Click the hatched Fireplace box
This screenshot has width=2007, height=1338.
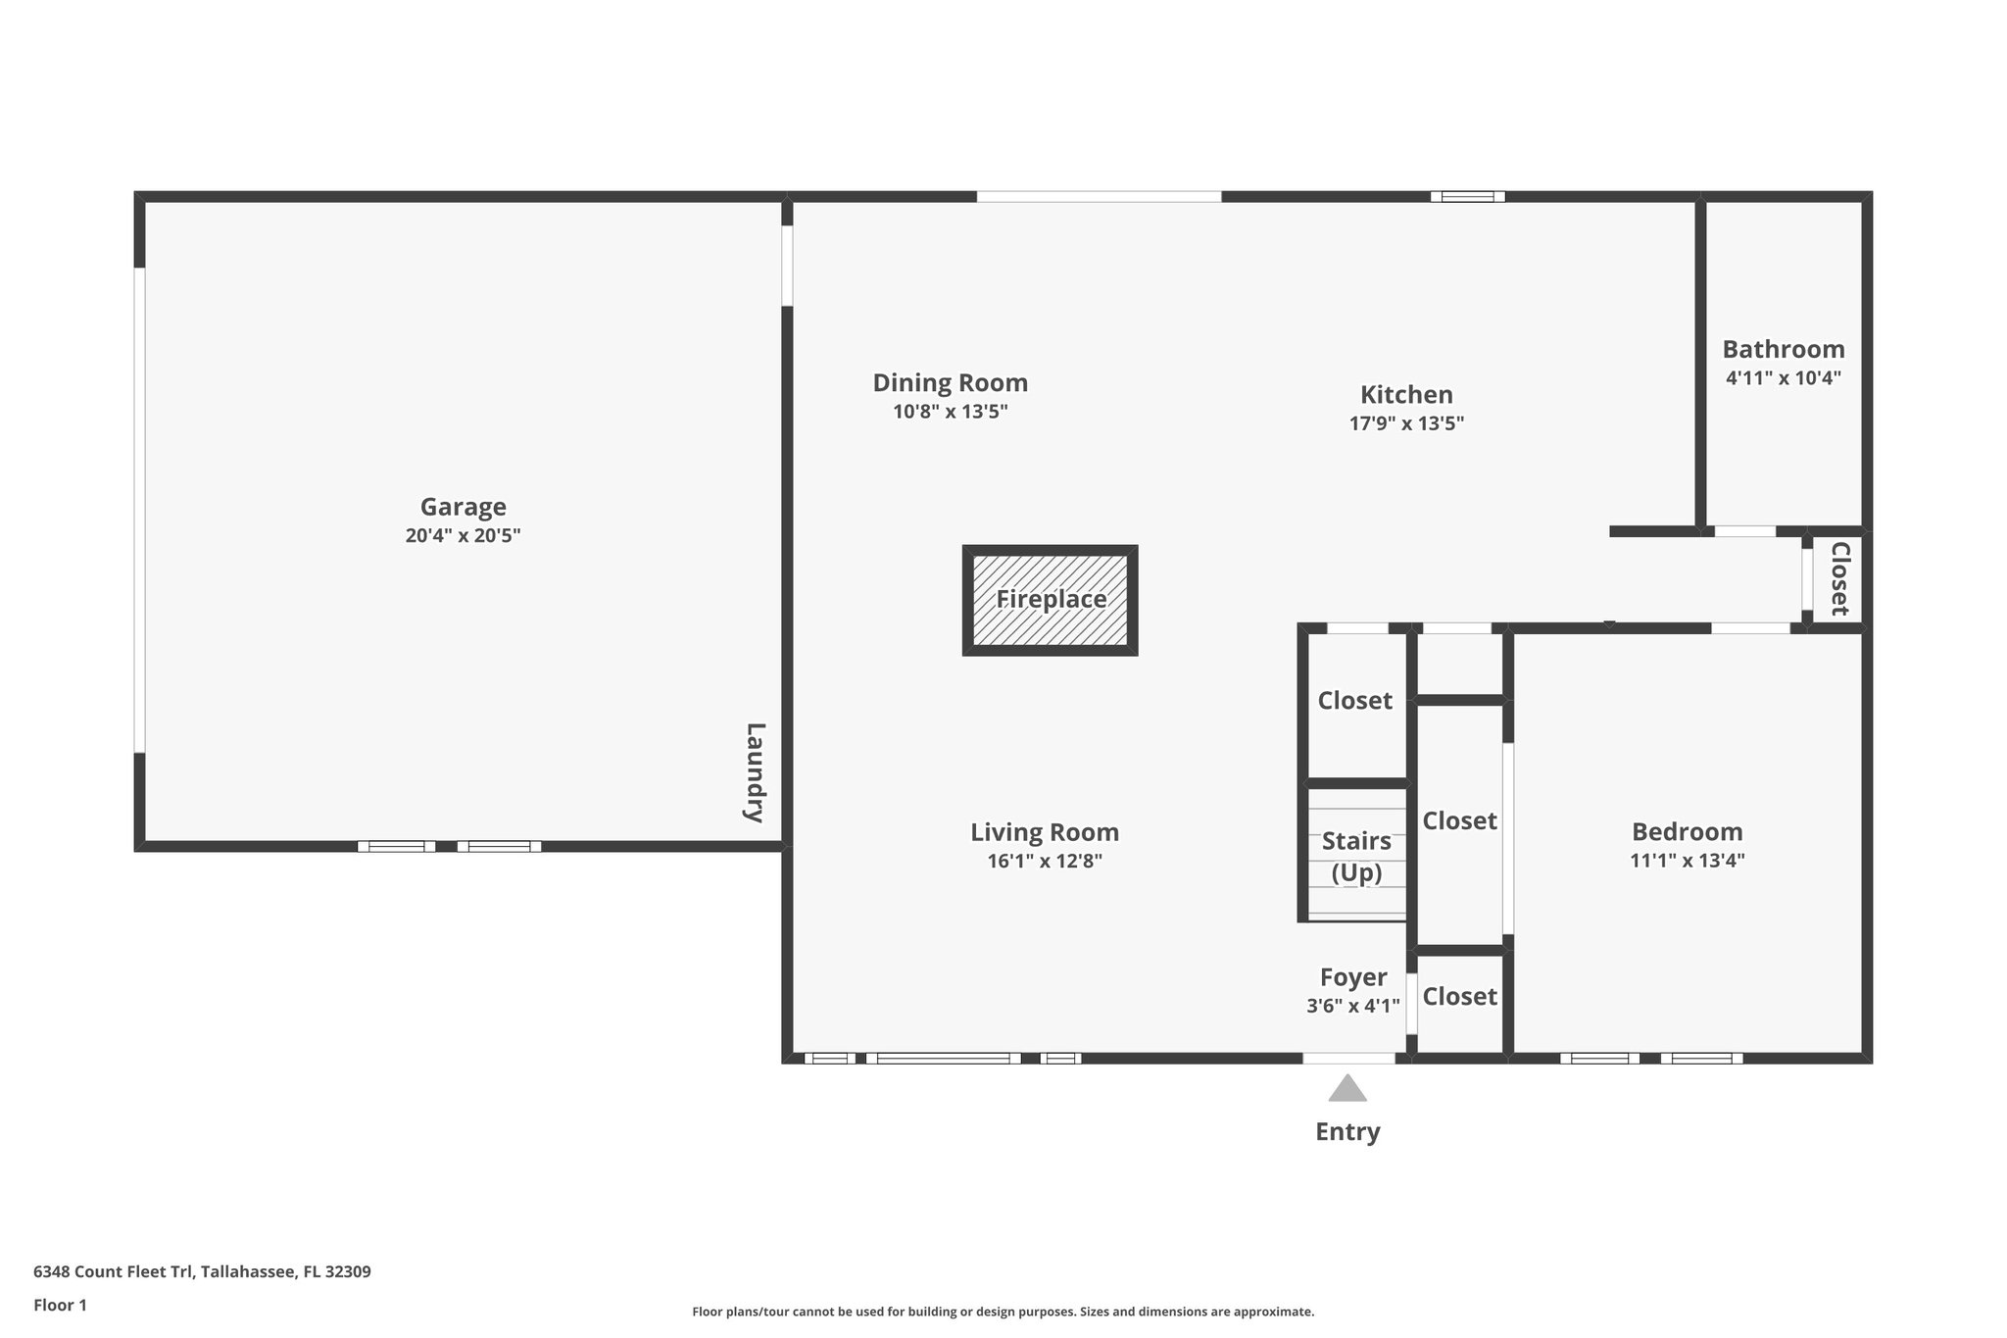tap(1050, 600)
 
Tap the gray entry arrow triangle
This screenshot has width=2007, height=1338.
tap(1347, 1089)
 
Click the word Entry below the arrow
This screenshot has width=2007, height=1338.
tap(1347, 1131)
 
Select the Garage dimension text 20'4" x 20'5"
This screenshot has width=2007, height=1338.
tap(463, 535)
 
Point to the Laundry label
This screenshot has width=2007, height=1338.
tap(755, 772)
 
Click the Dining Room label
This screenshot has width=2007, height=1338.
tap(950, 382)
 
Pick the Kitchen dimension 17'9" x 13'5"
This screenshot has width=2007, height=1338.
tap(1406, 423)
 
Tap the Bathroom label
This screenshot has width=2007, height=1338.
tap(1783, 349)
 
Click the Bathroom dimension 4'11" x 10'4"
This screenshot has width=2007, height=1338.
tap(1783, 377)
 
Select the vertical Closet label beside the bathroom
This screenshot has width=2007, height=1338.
tap(1838, 578)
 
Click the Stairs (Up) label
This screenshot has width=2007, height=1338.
tap(1356, 856)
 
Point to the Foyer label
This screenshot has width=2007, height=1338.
tap(1352, 977)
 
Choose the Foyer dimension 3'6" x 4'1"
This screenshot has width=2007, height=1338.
tap(1352, 1006)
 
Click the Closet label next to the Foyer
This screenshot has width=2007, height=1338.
tap(1459, 996)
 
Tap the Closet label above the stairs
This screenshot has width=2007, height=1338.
tap(1354, 700)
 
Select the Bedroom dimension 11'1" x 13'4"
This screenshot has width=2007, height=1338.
tap(1687, 861)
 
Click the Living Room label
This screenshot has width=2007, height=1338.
tap(1045, 832)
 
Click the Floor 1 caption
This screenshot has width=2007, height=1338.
tap(60, 1305)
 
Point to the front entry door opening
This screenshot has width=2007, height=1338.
tap(1348, 1058)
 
